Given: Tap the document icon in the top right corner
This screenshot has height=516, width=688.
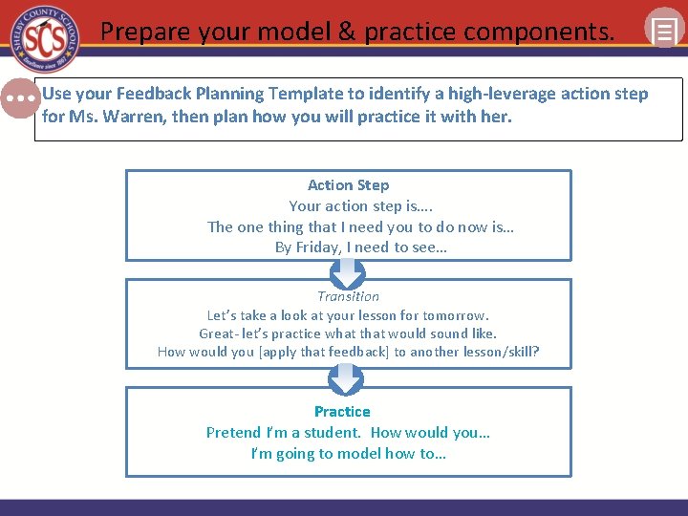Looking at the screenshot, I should click(663, 29).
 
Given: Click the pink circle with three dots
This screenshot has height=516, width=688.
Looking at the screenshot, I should click(19, 98).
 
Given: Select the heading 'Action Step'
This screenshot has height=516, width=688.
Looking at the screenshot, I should click(348, 185).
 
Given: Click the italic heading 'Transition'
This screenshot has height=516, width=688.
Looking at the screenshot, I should click(348, 296).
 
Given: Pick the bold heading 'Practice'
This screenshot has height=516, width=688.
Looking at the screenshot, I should click(342, 412).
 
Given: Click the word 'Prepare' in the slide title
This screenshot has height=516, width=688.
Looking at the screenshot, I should click(147, 32).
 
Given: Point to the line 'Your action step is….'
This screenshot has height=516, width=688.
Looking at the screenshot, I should click(348, 206).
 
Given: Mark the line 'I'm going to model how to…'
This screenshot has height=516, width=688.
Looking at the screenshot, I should click(348, 454).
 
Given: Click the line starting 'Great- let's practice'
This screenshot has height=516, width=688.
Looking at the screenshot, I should click(348, 333).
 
